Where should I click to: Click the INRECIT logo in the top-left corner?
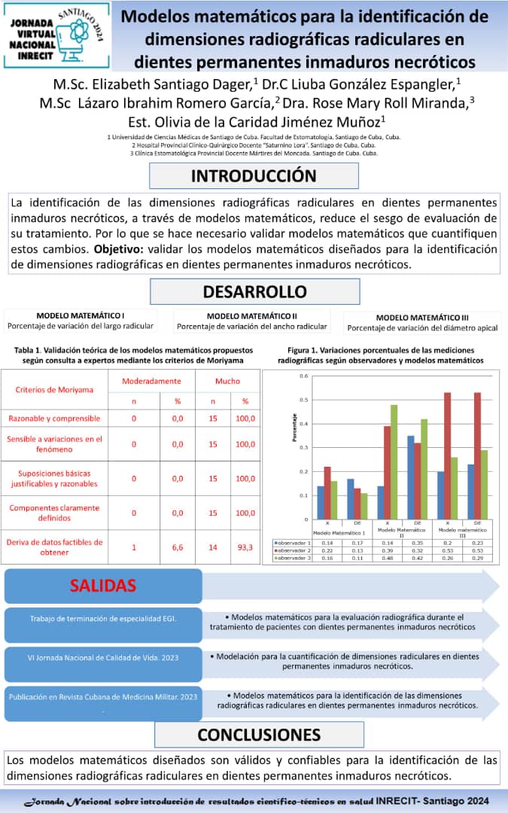pos(56,35)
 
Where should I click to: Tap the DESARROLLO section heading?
pos(254,291)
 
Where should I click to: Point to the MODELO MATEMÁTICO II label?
pos(252,316)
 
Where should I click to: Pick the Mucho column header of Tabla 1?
pos(227,382)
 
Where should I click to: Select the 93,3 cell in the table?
pos(245,548)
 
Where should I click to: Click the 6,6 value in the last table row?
pos(178,548)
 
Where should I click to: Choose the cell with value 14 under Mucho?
pos(213,548)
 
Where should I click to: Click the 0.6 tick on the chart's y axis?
pos(304,376)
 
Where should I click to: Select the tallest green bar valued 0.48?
pos(394,461)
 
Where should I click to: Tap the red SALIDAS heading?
pos(104,586)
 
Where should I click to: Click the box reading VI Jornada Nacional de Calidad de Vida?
pos(103,656)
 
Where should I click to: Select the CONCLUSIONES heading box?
pos(259,734)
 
